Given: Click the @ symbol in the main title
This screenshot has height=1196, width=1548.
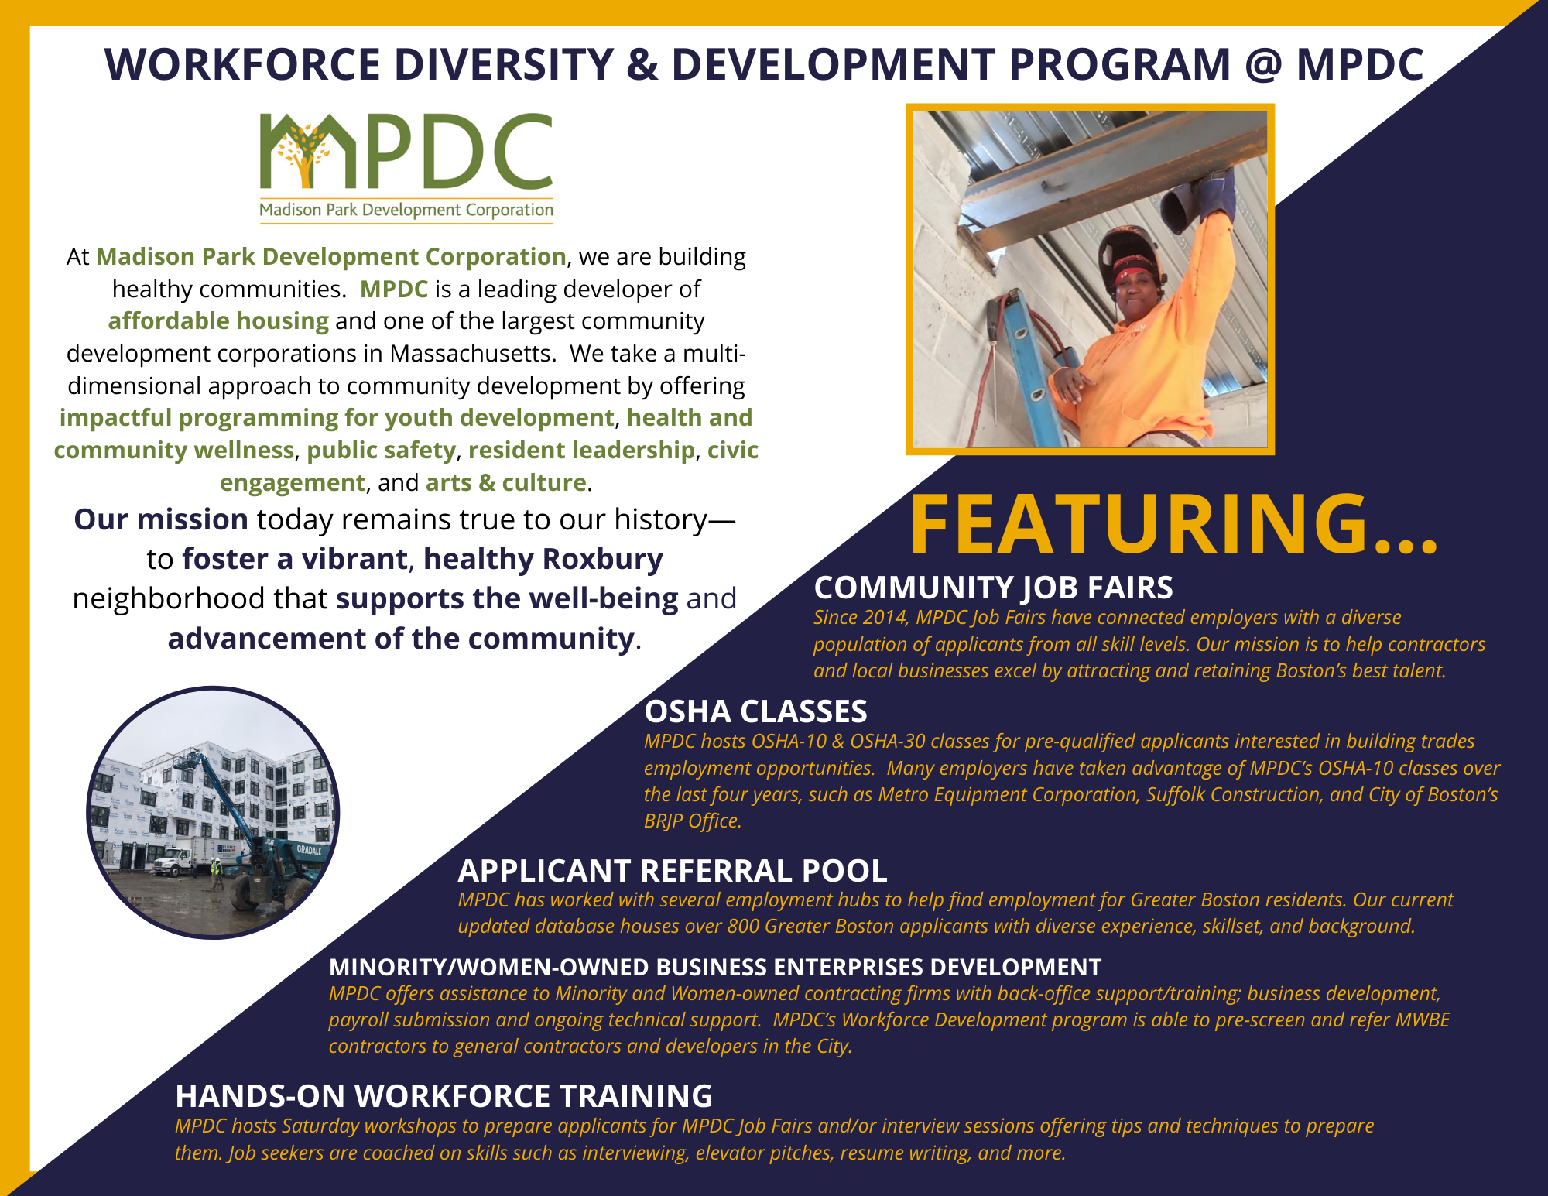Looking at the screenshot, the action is coord(1264,65).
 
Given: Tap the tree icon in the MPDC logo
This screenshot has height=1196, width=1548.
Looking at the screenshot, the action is coord(302,153).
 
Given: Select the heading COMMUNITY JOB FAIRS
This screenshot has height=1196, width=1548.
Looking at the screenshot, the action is coord(993,588).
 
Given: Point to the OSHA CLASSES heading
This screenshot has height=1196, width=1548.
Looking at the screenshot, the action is coord(755,711).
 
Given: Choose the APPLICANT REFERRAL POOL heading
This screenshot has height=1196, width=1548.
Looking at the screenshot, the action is coord(672,871).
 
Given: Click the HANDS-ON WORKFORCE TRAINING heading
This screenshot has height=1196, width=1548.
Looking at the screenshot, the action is coord(444,1096).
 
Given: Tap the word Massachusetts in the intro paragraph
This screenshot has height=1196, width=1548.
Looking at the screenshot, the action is coord(471,354).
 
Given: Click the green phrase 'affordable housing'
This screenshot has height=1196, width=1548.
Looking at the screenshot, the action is coord(218,321).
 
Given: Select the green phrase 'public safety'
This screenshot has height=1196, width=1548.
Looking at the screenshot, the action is coord(381,451).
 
